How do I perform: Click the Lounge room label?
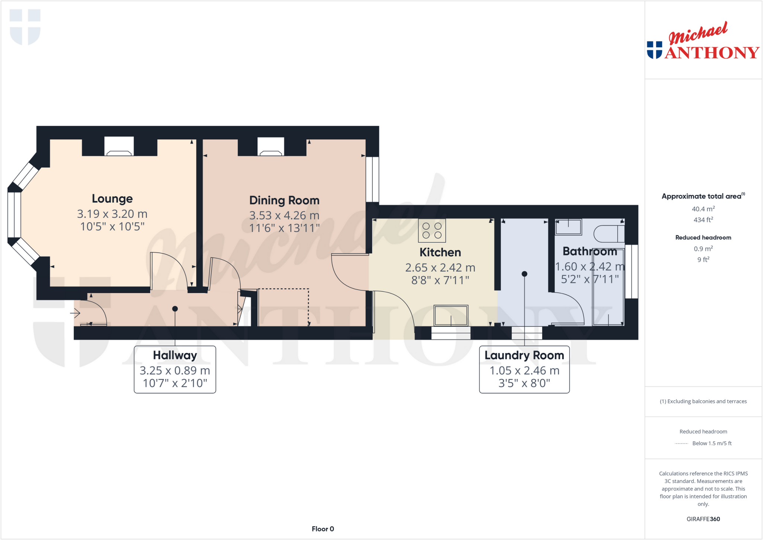click(x=112, y=199)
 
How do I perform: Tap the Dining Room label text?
click(x=284, y=200)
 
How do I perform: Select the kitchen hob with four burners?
click(x=432, y=231)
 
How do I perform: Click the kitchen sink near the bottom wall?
click(x=451, y=315)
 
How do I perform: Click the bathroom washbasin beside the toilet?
click(x=568, y=227)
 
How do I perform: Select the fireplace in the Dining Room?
click(x=271, y=147)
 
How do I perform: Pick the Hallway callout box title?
click(x=175, y=356)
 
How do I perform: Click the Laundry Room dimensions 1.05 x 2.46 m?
click(x=524, y=370)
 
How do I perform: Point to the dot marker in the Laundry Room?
click(x=524, y=274)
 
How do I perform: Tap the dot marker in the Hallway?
click(x=175, y=309)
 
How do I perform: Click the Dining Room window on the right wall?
click(x=372, y=179)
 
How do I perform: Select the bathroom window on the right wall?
click(x=631, y=271)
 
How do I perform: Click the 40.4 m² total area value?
click(x=703, y=209)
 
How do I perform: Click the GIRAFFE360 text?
click(x=703, y=519)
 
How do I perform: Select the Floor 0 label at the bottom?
click(x=323, y=529)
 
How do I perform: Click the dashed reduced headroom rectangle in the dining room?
click(x=283, y=307)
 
